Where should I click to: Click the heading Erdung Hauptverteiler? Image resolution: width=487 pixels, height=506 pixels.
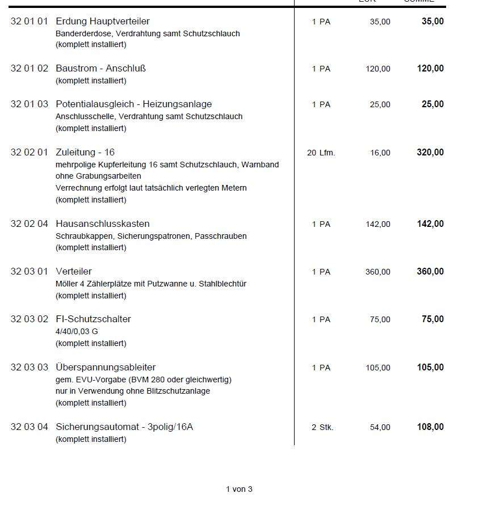point(103,22)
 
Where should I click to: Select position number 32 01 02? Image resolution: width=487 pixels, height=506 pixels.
point(30,69)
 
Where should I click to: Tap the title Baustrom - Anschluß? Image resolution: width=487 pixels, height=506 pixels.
point(100,69)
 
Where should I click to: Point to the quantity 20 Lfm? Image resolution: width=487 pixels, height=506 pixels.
point(321,153)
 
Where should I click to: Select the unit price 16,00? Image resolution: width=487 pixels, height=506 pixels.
point(380,153)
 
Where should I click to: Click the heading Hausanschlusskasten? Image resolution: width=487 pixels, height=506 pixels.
point(103,224)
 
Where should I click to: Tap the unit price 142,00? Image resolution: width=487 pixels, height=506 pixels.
point(378,224)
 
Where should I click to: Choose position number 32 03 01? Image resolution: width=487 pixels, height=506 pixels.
point(30,272)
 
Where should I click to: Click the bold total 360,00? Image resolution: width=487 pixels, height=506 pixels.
point(430,272)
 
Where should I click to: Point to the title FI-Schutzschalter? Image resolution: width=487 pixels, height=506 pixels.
point(93,319)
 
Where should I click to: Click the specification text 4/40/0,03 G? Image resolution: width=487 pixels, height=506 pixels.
point(77,331)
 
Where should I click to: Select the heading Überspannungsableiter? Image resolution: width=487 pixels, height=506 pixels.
point(106,368)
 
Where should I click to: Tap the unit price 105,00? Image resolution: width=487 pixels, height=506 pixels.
point(378,368)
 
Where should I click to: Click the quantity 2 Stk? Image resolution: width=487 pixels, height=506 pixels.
point(322,427)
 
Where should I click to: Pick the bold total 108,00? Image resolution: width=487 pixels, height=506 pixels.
point(430,427)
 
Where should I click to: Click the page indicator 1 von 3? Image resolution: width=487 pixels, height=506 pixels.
point(239,489)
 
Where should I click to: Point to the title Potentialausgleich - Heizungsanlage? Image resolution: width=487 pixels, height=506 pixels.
point(133,104)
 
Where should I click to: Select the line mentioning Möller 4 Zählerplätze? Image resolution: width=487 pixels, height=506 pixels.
point(151,284)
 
